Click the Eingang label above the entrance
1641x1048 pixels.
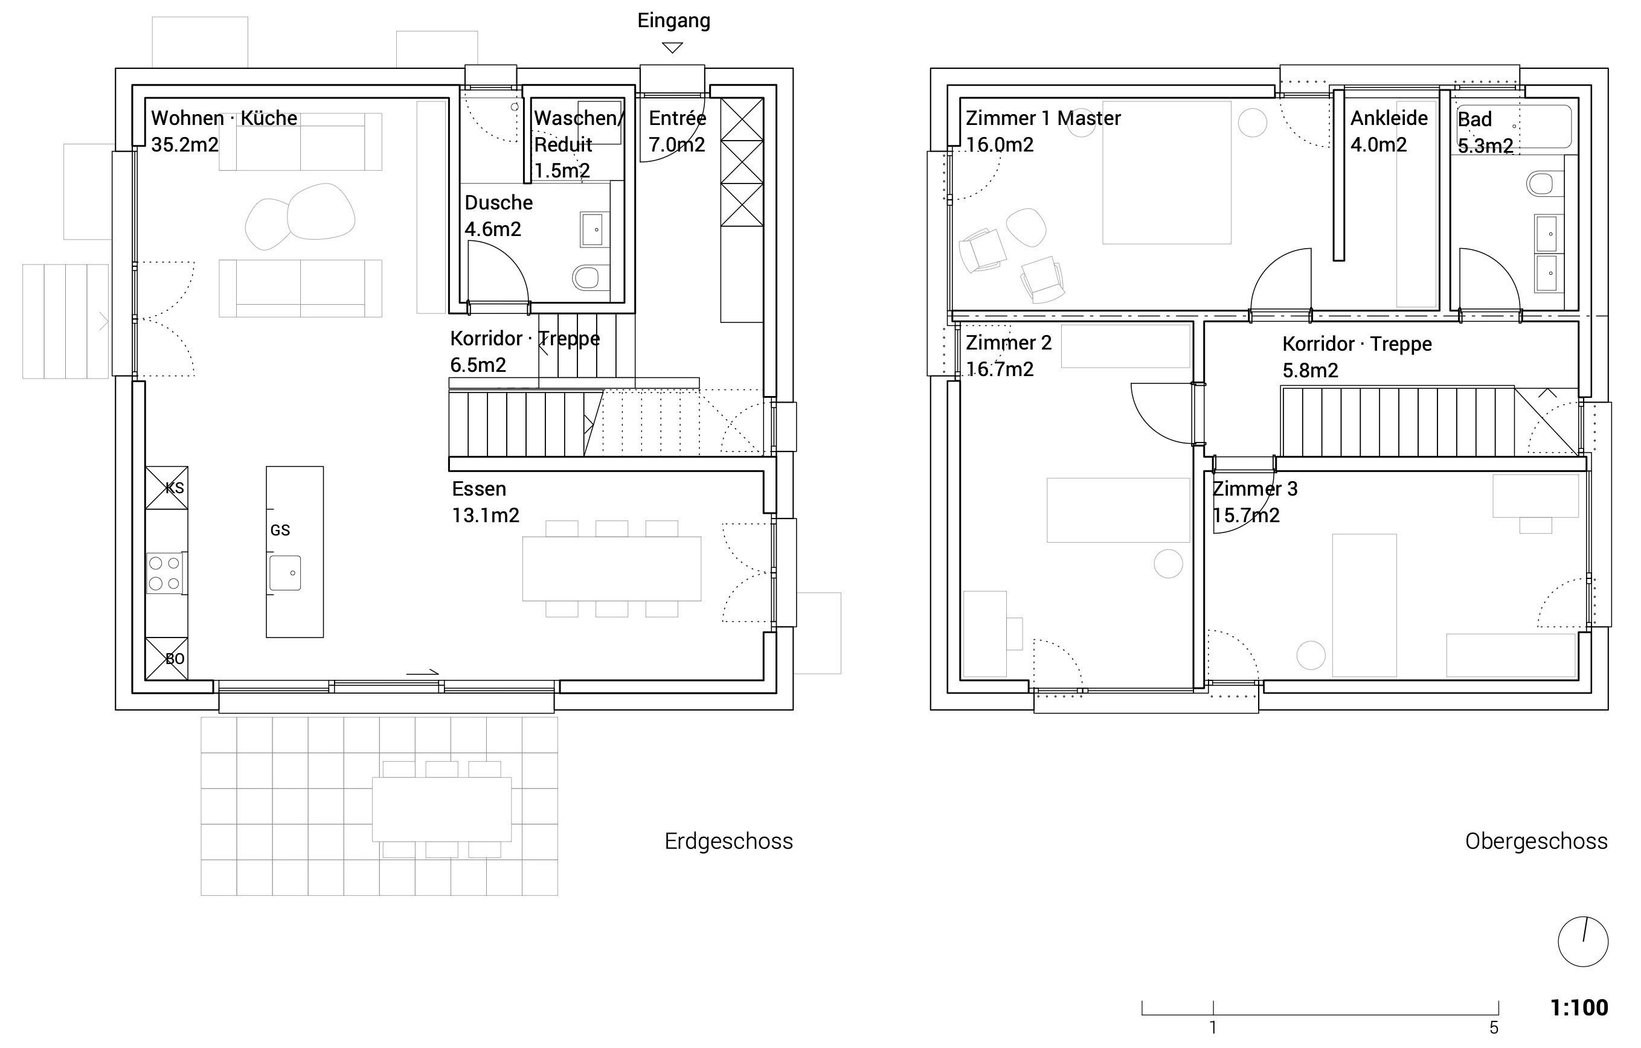click(x=673, y=21)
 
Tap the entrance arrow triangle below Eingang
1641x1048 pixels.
click(x=673, y=48)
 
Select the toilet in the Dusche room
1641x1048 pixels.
click(x=586, y=277)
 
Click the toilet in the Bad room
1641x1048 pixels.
click(x=1540, y=183)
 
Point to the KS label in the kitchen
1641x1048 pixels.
click(x=175, y=488)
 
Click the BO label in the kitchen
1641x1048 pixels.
click(x=175, y=659)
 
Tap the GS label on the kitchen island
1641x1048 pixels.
click(x=280, y=530)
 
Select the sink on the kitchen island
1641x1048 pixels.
click(x=285, y=573)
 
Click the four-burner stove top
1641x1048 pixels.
click(x=165, y=573)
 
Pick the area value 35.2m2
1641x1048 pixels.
click(x=185, y=144)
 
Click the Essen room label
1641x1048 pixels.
click(x=479, y=489)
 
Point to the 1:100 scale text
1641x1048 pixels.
click(x=1579, y=1007)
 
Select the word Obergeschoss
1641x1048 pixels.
click(x=1536, y=842)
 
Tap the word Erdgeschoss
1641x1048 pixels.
click(x=728, y=842)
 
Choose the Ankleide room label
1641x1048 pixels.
click(x=1389, y=118)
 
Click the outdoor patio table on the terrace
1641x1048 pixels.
click(x=442, y=810)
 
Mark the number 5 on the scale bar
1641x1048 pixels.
click(x=1494, y=1027)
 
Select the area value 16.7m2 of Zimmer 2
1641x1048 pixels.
click(x=1000, y=369)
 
